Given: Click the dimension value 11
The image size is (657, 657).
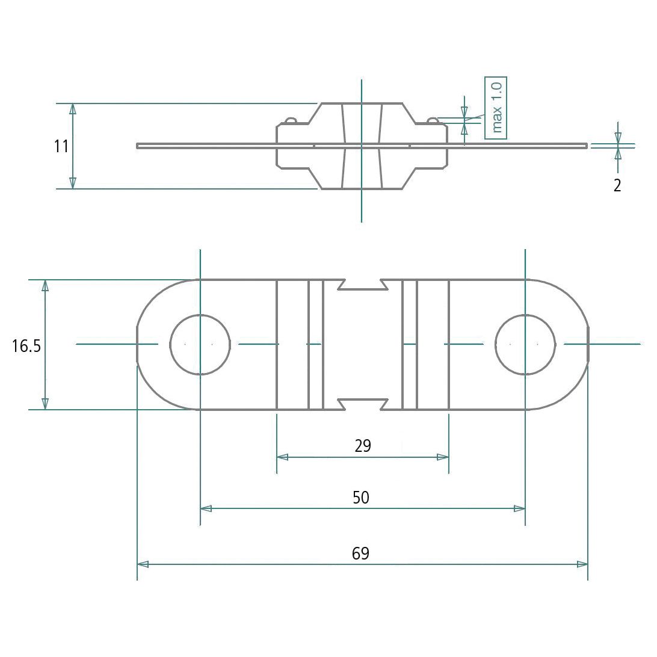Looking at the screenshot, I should [x=61, y=146].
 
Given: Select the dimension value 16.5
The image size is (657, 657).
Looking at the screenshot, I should [x=26, y=346].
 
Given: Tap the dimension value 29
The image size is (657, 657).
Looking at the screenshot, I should [x=363, y=446].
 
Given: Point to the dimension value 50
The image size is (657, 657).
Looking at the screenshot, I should [x=361, y=498].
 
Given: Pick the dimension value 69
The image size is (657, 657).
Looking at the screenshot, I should [x=360, y=554].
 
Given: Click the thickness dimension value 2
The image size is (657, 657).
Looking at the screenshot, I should [x=617, y=185].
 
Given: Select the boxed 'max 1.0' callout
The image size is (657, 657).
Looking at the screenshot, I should [x=496, y=108].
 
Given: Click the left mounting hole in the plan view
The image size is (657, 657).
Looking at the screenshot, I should [x=200, y=344].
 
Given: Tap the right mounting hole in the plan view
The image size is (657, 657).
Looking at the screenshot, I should [x=525, y=344].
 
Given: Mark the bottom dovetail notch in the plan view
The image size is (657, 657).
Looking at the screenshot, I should [x=362, y=404].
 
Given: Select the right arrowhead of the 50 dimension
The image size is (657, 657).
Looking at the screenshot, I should [x=520, y=508].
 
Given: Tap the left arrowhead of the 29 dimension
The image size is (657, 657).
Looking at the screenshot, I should [x=282, y=457].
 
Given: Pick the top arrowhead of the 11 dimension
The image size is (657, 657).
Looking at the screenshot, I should [x=73, y=108].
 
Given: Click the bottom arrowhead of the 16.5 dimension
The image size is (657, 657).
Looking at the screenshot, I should [x=45, y=404].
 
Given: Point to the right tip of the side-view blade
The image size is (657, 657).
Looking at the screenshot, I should [x=586, y=145].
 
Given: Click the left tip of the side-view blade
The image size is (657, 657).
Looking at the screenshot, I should [x=138, y=145].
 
